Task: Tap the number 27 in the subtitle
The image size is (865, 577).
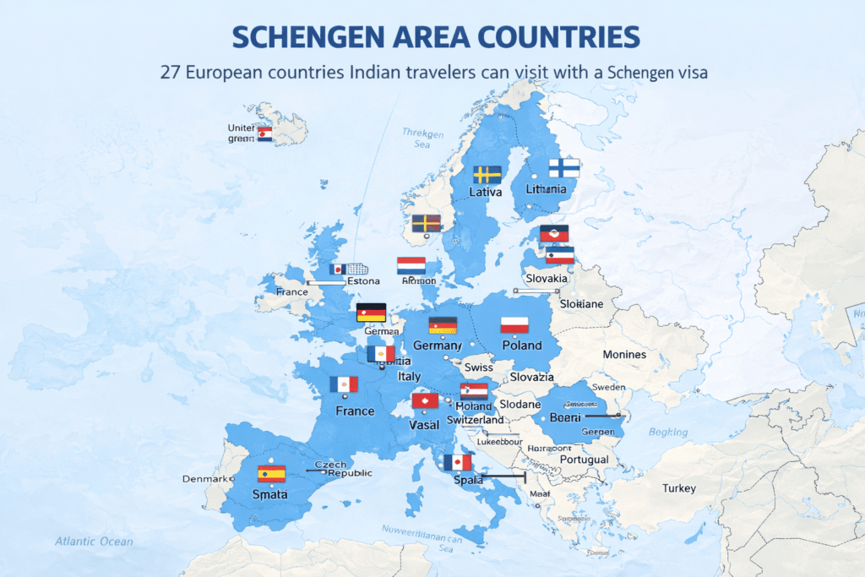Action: tap(171, 73)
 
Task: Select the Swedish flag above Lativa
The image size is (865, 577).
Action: tap(486, 175)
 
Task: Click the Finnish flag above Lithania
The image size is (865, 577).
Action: tap(563, 167)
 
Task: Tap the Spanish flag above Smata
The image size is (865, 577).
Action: tap(272, 474)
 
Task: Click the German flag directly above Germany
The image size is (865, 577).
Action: tap(443, 326)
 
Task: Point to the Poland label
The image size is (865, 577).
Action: tap(521, 346)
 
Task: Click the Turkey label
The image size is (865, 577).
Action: tap(679, 488)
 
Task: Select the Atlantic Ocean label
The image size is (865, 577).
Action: tap(94, 542)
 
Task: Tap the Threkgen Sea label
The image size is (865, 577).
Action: tap(422, 139)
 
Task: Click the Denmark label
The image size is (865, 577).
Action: tap(204, 479)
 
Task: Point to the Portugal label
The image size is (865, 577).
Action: tap(584, 460)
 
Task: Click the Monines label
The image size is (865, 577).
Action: tap(624, 355)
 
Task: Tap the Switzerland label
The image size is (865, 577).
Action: tap(475, 420)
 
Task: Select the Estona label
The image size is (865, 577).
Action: tap(363, 281)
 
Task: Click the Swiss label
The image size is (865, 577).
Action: tap(478, 367)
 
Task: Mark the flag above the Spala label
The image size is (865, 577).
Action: tap(457, 462)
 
